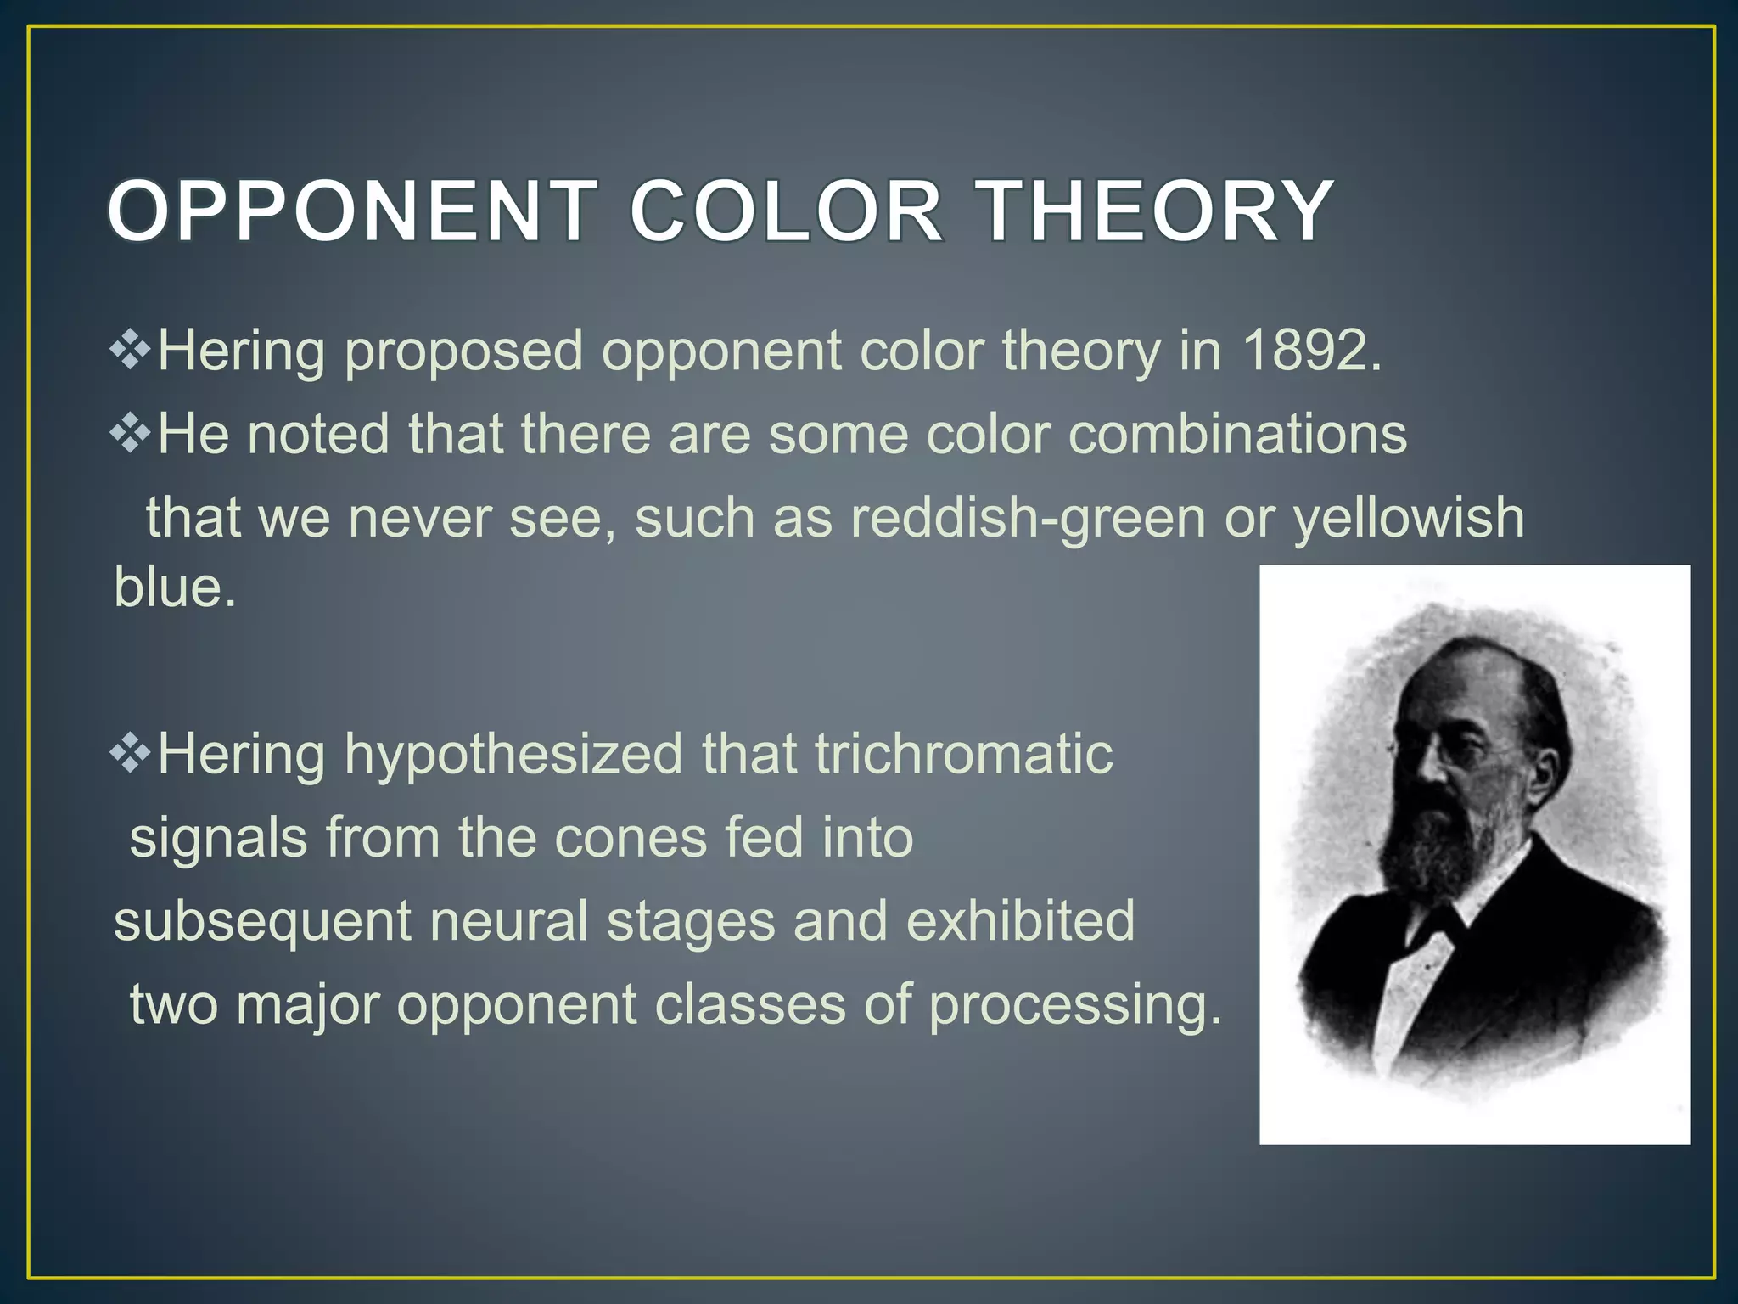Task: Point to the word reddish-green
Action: coord(1028,518)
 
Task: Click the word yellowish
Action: coord(1408,518)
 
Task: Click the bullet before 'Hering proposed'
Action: coord(130,351)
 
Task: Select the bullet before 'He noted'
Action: coord(130,435)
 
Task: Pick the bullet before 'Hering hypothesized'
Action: coord(130,754)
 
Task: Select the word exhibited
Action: coord(1020,921)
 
